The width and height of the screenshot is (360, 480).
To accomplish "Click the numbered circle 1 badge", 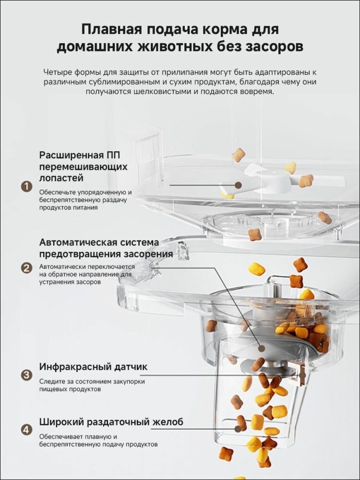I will pos(26,186).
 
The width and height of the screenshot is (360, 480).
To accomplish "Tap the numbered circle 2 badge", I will pos(26,268).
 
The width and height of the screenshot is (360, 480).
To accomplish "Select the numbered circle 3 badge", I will pos(26,375).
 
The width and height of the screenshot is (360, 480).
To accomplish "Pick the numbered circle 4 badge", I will pos(26,429).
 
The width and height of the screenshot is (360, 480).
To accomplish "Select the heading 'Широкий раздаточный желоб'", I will pos(111,422).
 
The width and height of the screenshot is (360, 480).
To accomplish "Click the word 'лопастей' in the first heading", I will pos(61,178).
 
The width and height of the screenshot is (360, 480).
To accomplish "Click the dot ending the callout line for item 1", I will pos(238,184).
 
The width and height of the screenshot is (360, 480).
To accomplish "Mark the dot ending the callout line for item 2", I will pos(261,349).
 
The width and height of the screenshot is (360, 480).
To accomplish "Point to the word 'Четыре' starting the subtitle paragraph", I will pos(58,72).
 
